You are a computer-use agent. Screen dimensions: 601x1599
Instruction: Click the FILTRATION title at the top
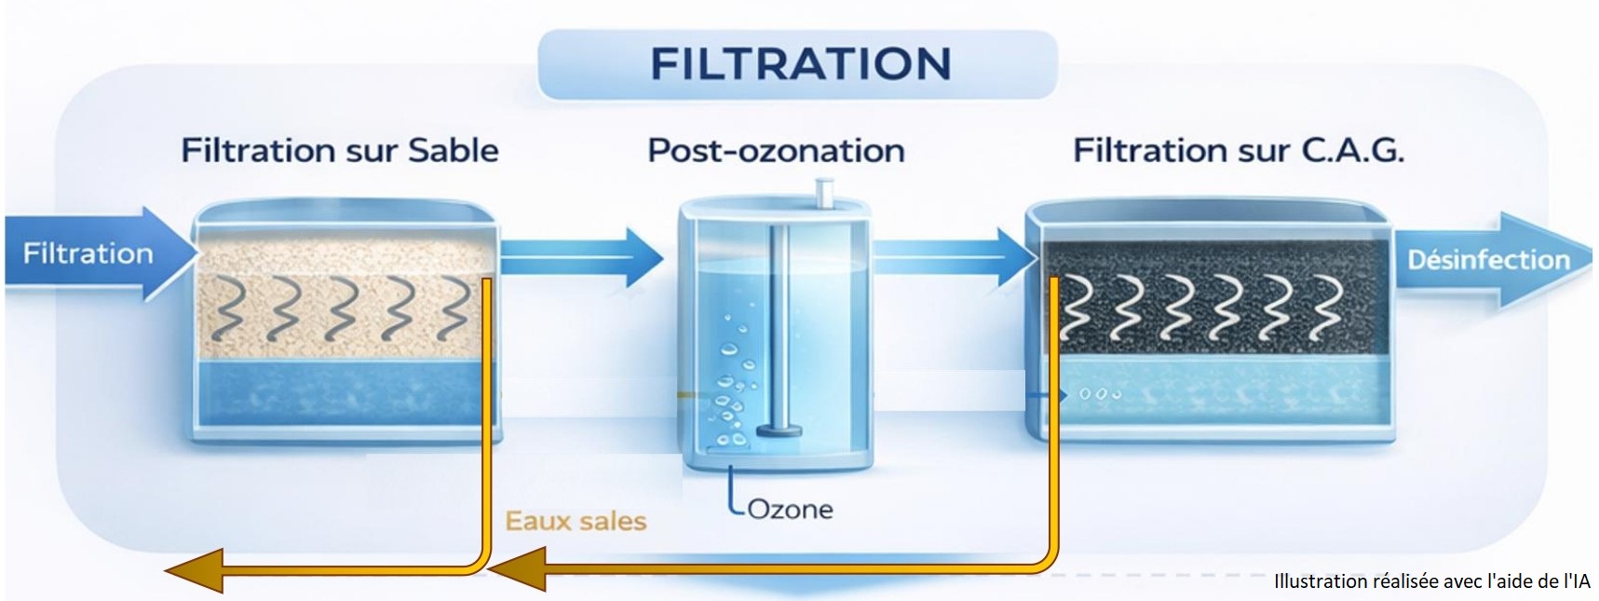(x=799, y=64)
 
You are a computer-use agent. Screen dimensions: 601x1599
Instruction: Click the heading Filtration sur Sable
(x=340, y=150)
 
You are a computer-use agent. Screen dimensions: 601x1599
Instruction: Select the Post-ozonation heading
(x=776, y=150)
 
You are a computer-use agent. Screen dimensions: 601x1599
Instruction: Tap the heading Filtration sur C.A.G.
(x=1238, y=150)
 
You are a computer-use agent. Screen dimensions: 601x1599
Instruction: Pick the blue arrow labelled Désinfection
(x=1487, y=259)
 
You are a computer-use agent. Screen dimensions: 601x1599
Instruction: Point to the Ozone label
(x=790, y=509)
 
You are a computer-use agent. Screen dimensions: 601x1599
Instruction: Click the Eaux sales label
(x=576, y=521)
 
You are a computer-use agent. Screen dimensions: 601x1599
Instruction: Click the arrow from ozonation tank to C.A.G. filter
(x=950, y=253)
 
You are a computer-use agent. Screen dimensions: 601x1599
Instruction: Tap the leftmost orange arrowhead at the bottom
(x=196, y=569)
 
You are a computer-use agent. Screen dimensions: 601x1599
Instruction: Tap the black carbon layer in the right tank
(x=1211, y=298)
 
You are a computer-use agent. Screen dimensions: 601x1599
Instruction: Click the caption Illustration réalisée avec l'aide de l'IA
(x=1431, y=581)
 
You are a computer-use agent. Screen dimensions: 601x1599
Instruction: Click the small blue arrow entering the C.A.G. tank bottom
(x=1047, y=395)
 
